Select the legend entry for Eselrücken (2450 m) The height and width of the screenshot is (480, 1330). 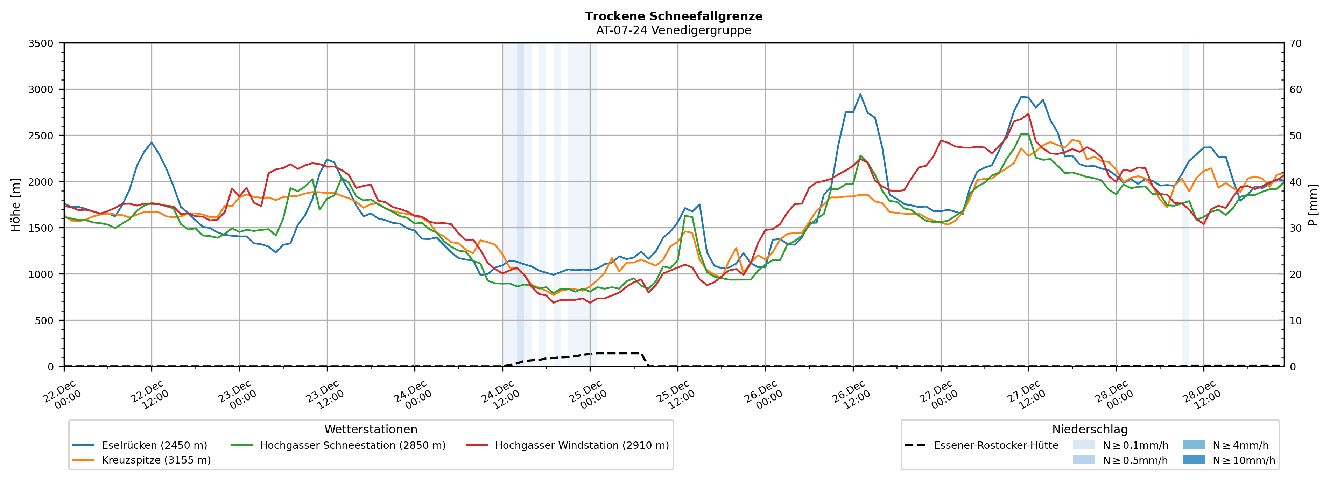(154, 445)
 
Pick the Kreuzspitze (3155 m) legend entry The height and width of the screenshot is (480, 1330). (156, 460)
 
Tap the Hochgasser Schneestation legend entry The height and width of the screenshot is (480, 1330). (352, 445)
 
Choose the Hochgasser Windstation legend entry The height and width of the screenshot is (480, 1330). (581, 445)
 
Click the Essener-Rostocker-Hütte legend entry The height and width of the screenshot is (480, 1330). (995, 445)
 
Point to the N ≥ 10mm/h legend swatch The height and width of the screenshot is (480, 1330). (1193, 460)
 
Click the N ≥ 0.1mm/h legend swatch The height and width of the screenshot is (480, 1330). (1084, 445)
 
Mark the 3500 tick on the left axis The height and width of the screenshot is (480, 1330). (41, 43)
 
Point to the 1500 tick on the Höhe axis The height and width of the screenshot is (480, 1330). (41, 228)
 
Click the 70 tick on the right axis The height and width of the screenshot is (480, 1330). (1295, 43)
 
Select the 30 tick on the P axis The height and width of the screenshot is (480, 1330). (1295, 228)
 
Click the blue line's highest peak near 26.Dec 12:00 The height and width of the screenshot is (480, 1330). (860, 94)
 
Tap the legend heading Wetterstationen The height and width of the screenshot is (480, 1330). (371, 429)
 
